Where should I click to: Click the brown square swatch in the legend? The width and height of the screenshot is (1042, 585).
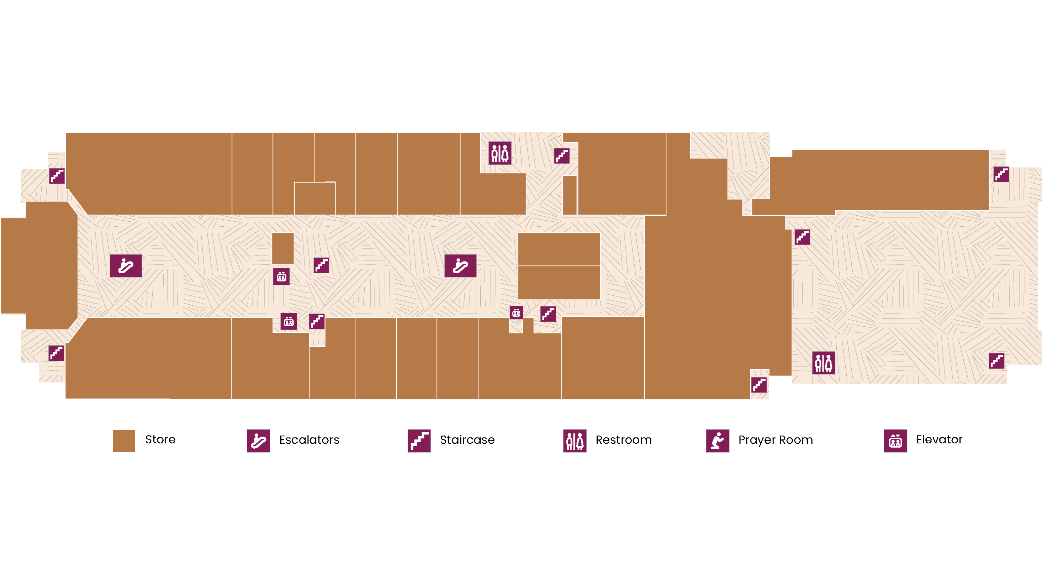[x=124, y=441]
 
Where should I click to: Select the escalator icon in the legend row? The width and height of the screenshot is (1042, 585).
[x=259, y=441]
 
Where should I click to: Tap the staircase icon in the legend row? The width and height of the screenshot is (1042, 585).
[x=419, y=441]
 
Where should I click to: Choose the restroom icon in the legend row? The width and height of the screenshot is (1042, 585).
[x=575, y=441]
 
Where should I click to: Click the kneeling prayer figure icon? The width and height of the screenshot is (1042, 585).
[x=718, y=441]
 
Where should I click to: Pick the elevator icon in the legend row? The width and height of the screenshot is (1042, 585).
[x=895, y=441]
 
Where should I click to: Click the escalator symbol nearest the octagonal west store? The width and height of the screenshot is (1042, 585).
[x=126, y=266]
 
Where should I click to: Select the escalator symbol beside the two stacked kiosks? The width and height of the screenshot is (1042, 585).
[x=460, y=266]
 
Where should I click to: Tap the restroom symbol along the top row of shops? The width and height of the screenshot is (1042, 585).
[x=500, y=153]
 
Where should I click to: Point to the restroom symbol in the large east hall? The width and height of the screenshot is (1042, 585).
[x=823, y=363]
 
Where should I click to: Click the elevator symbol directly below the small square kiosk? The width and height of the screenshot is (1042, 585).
[x=281, y=277]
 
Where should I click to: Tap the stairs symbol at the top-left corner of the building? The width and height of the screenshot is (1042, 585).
[x=57, y=176]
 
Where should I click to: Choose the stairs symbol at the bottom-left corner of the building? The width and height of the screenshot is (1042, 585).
[x=56, y=353]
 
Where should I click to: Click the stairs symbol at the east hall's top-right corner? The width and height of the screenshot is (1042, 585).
[x=1001, y=174]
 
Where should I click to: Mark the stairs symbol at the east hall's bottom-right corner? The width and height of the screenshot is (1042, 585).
[x=997, y=361]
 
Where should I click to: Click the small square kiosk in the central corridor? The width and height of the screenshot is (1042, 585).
[x=283, y=248]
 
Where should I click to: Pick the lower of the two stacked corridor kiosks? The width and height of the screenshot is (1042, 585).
[x=559, y=283]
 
